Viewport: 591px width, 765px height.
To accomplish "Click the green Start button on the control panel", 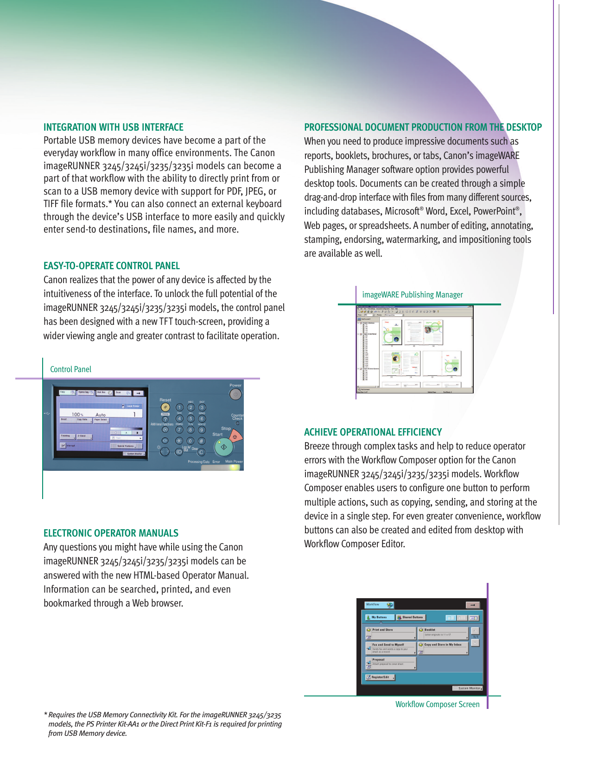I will (x=223, y=447).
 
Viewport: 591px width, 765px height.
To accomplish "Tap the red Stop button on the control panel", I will (x=235, y=437).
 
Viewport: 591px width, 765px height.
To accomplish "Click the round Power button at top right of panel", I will (x=235, y=394).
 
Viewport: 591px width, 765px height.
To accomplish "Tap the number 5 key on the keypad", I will (x=191, y=419).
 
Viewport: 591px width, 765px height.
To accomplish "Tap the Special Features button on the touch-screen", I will (x=126, y=446).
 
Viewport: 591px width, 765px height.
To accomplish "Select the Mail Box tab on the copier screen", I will (x=101, y=392).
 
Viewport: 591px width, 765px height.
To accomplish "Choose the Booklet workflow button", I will (x=443, y=633).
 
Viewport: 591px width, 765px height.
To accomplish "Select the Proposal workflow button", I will (x=391, y=663).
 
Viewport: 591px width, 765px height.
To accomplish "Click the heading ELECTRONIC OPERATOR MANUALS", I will (x=111, y=533).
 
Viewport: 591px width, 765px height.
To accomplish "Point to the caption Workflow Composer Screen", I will (x=437, y=704).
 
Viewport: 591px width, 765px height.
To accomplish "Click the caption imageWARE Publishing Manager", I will (x=412, y=295).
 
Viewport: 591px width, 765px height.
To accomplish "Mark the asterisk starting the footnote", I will (x=45, y=715).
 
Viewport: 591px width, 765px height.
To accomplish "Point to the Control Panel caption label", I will (x=70, y=369).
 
